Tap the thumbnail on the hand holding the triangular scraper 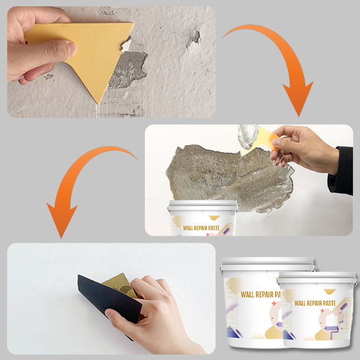(72, 49)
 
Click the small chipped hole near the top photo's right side (195, 37)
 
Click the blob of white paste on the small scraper (247, 136)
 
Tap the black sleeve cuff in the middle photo (341, 171)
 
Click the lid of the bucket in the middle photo (203, 205)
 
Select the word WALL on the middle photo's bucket (188, 228)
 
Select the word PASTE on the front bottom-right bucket (329, 303)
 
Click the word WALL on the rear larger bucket (247, 295)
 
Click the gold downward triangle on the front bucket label (330, 292)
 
